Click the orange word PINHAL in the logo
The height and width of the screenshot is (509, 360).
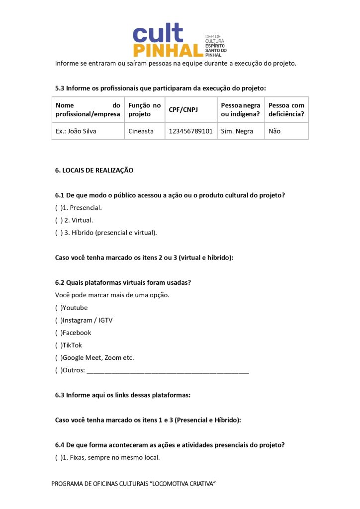coord(168,50)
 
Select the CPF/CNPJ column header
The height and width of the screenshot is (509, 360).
coord(183,109)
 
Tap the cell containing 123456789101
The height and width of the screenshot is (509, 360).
coord(190,131)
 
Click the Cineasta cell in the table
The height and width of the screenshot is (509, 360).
coord(141,131)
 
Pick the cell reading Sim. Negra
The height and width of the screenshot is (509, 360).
coord(237,131)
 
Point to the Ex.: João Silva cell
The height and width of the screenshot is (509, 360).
coord(76,131)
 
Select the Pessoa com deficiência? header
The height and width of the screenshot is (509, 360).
coord(286,109)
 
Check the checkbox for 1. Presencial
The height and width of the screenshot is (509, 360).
coord(58,208)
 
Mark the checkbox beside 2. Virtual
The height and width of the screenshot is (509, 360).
coord(58,220)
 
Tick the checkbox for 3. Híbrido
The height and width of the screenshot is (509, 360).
coord(58,233)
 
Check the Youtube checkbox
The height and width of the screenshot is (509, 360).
coord(58,308)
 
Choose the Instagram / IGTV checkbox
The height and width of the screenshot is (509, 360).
coord(58,320)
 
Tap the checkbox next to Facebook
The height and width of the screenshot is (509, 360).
coord(58,333)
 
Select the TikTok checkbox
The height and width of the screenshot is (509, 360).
coord(58,345)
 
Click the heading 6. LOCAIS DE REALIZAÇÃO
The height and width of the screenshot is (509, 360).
coord(94,170)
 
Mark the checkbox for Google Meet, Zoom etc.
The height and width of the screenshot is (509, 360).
coord(58,357)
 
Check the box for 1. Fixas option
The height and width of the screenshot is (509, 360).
coord(58,457)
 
